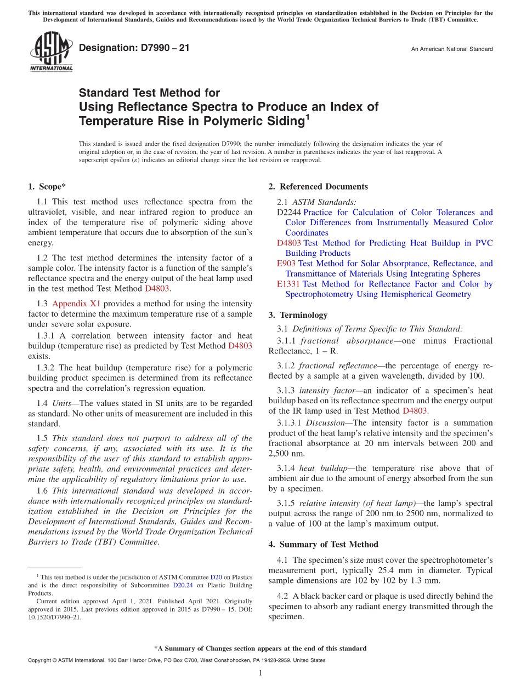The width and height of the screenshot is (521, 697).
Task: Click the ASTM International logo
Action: point(51,52)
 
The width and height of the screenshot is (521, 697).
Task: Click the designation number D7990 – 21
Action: point(134,48)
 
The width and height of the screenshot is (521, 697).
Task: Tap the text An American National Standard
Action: point(451,49)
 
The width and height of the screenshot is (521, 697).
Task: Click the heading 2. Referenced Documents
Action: point(318,187)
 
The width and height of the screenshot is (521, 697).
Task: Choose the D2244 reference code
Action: point(289,213)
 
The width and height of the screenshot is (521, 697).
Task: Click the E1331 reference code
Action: point(288,284)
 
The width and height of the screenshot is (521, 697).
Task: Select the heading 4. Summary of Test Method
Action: point(324,545)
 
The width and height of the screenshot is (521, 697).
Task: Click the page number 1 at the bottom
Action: point(260,673)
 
